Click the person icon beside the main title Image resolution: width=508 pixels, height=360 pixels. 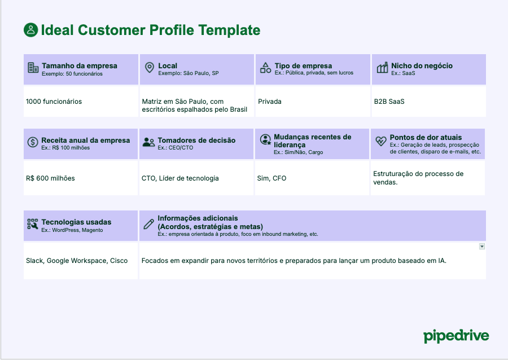pos(30,30)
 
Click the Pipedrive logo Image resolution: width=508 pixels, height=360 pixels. pos(456,336)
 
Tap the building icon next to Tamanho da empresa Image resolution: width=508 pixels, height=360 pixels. pos(33,68)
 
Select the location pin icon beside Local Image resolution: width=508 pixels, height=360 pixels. pos(149,68)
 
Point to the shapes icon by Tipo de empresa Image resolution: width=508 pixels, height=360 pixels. pos(265,68)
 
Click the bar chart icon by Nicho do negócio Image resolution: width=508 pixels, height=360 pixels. pos(382,68)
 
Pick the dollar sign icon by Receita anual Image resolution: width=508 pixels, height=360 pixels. pos(33,142)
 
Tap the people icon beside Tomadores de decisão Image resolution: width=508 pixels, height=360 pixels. pos(148,142)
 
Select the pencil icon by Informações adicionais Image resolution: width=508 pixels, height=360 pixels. pos(148,224)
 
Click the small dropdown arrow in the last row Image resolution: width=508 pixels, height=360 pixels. pos(481,247)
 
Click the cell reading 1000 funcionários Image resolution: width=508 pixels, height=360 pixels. pos(54,102)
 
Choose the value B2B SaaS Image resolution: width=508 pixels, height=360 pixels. pos(389,102)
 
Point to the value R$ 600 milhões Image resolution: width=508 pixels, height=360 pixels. pos(50,178)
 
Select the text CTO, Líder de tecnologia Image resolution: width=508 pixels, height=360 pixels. pos(180,178)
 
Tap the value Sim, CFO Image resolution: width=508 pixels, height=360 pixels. pos(271,178)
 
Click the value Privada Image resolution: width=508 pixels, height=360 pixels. pos(270,102)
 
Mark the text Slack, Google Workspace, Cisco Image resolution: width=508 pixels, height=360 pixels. pos(77,261)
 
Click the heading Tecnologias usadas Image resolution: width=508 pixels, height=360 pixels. pos(76,222)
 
